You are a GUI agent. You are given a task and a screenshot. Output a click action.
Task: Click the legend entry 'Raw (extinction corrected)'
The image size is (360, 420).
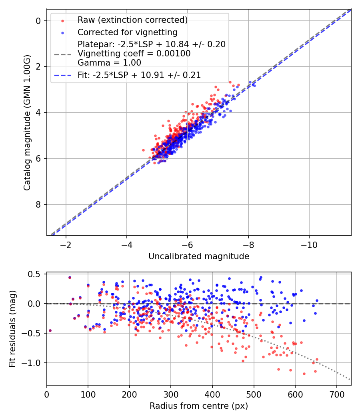click(132, 20)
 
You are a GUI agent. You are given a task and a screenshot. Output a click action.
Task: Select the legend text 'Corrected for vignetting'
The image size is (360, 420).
click(127, 32)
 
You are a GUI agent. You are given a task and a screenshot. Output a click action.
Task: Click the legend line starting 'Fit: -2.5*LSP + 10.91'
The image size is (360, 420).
click(139, 75)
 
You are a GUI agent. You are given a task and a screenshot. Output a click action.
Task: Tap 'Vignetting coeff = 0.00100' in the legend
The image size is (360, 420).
click(134, 53)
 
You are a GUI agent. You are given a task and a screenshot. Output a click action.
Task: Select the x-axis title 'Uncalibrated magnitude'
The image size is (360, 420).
click(199, 256)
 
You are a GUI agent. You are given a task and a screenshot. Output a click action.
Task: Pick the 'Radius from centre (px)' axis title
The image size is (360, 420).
click(199, 406)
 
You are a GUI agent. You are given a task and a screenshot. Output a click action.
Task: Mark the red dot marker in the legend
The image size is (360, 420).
click(62, 20)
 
